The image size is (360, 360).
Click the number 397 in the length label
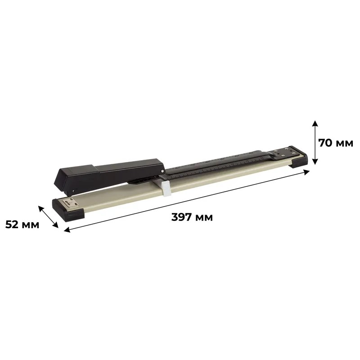182,217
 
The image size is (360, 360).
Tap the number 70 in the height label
325,143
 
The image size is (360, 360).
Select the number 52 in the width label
12,225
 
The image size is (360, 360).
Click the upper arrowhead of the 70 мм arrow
315,123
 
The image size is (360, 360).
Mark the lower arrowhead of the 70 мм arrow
315,162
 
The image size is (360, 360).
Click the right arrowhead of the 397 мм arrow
306,172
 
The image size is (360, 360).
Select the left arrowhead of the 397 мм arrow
67,229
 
